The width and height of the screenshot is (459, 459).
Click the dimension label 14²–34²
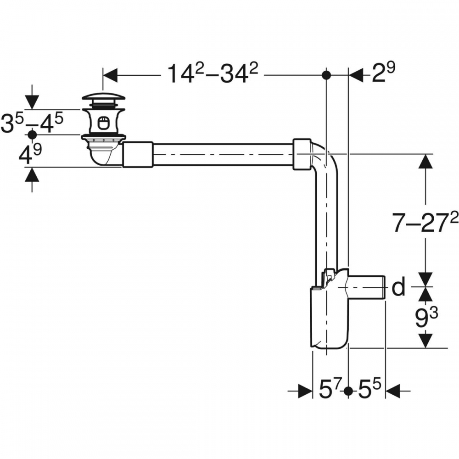[213, 74]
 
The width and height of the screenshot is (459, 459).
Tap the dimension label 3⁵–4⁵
[32, 123]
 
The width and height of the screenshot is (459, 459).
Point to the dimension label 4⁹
[30, 154]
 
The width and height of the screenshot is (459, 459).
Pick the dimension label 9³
[426, 318]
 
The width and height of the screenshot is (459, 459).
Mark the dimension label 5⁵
[369, 390]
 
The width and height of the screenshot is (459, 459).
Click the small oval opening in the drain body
[103, 123]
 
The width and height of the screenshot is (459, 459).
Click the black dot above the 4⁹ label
[32, 134]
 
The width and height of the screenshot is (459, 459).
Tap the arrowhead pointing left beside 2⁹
[356, 75]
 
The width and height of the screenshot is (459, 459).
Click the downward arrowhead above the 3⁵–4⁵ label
[32, 102]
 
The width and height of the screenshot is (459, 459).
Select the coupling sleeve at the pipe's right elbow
[302, 154]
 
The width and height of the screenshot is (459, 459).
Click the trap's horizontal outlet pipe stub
[367, 287]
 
